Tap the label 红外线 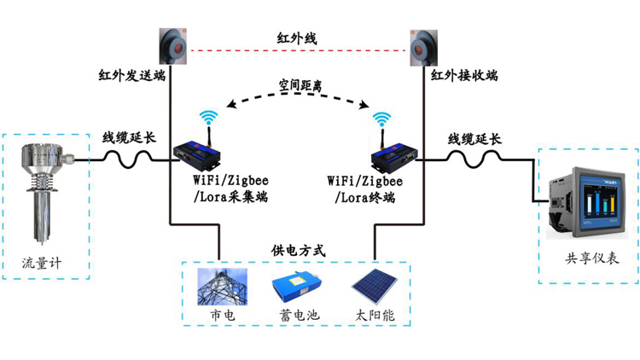click(x=297, y=38)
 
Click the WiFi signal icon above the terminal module click(x=382, y=119)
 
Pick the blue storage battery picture click(x=298, y=288)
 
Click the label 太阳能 click(x=375, y=316)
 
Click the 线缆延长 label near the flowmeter click(x=130, y=137)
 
